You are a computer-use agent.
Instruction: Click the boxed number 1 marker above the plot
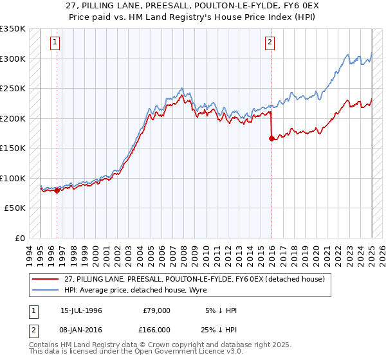click(55, 43)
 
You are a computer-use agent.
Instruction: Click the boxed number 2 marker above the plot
click(270, 43)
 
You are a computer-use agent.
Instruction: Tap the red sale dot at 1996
click(57, 190)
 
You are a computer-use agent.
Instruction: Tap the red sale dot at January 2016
click(271, 138)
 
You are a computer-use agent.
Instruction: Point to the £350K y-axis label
click(13, 29)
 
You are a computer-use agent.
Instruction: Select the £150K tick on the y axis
click(13, 148)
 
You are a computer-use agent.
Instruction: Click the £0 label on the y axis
click(20, 238)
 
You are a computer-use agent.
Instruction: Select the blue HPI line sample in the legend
click(46, 290)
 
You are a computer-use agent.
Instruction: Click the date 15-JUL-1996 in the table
click(81, 310)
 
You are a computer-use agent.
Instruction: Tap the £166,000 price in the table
click(156, 329)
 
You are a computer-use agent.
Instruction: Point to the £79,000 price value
click(156, 310)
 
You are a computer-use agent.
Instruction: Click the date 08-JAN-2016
click(81, 329)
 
